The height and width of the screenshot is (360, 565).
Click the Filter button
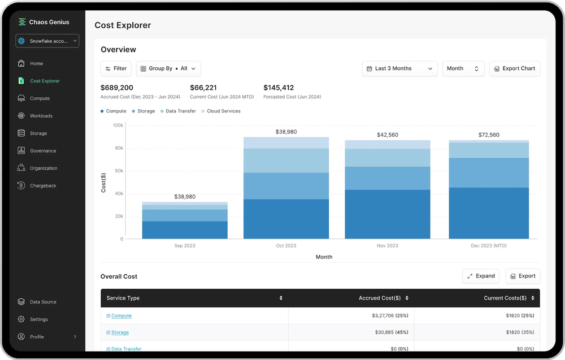[x=116, y=68]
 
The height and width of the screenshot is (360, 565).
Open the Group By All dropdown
[x=168, y=68]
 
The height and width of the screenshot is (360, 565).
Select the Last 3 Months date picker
[x=399, y=68]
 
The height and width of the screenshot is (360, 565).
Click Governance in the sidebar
[x=43, y=151]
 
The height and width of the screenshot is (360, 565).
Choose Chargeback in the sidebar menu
[x=43, y=186]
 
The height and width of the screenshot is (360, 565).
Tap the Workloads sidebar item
[x=41, y=116]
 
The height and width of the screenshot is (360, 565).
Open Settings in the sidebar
[x=38, y=319]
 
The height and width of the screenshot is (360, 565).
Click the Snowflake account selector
[x=47, y=41]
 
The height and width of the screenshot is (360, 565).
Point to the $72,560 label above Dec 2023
[x=489, y=135]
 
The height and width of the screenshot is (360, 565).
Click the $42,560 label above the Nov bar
[x=388, y=135]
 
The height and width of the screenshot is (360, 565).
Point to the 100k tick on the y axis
[x=118, y=125]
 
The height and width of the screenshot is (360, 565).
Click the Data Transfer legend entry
[x=180, y=111]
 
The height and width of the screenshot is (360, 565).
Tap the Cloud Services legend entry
[x=223, y=111]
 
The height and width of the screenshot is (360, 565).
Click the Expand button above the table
[x=481, y=276]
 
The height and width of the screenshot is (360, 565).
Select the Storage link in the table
[x=120, y=332]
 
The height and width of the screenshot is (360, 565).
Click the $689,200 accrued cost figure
[x=117, y=88]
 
